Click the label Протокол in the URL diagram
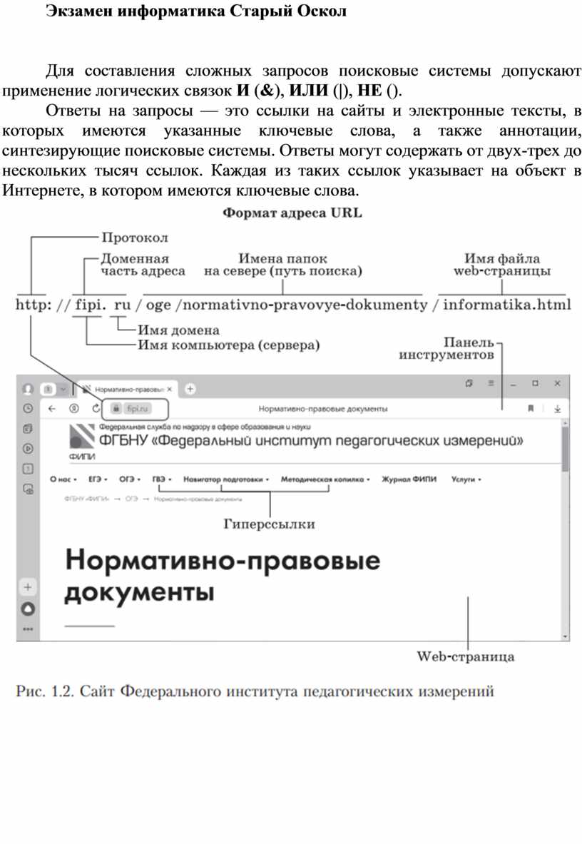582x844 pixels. pos(135,237)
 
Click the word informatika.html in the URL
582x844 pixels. pos(507,305)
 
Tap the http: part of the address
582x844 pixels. pos(33,305)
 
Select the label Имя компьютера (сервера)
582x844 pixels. pos(228,345)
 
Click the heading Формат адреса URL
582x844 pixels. pos(292,213)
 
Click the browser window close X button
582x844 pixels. pos(557,383)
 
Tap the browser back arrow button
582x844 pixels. pos(51,409)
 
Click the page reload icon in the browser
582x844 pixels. pos(96,409)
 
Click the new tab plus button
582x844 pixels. pos(190,389)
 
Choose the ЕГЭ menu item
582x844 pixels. pos(96,480)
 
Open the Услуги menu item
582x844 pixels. pos(464,480)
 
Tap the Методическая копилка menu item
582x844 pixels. pos(323,480)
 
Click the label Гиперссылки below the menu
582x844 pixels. pos(270,524)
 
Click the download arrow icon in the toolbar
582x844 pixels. pos(557,409)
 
